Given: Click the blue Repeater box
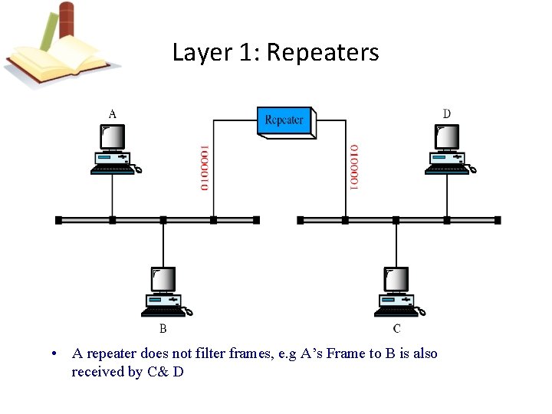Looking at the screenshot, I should [284, 122].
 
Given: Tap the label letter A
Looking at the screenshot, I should [113, 113].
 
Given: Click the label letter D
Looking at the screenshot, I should [447, 113].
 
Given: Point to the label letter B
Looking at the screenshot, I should [163, 329].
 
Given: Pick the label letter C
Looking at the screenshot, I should [396, 329].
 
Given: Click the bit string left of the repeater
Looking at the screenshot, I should [204, 167].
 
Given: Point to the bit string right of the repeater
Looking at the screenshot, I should [353, 167].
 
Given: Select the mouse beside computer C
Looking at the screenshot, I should [420, 311].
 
